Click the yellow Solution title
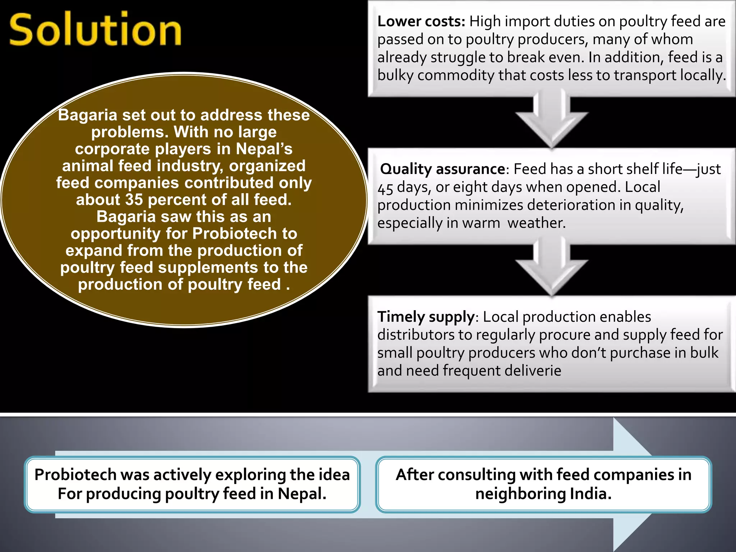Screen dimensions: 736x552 coord(95,29)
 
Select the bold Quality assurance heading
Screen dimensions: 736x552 coord(443,169)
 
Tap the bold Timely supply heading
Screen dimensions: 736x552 coord(426,317)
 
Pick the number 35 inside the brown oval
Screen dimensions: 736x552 coord(134,200)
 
